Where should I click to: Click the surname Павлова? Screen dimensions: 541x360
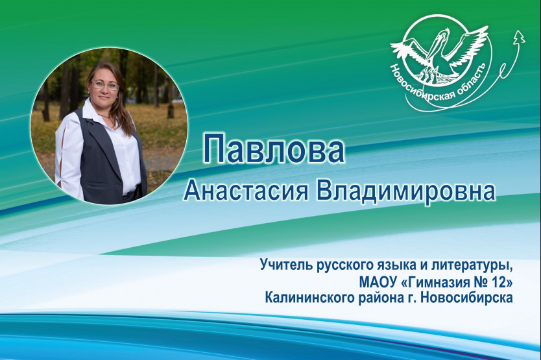coord(274,150)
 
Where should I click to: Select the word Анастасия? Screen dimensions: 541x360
coord(246,191)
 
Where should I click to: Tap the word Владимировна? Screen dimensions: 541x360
coord(406,191)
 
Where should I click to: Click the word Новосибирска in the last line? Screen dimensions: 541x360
coord(467,298)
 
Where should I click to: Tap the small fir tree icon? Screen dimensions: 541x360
coord(518,37)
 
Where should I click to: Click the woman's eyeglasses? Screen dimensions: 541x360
coord(105,85)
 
